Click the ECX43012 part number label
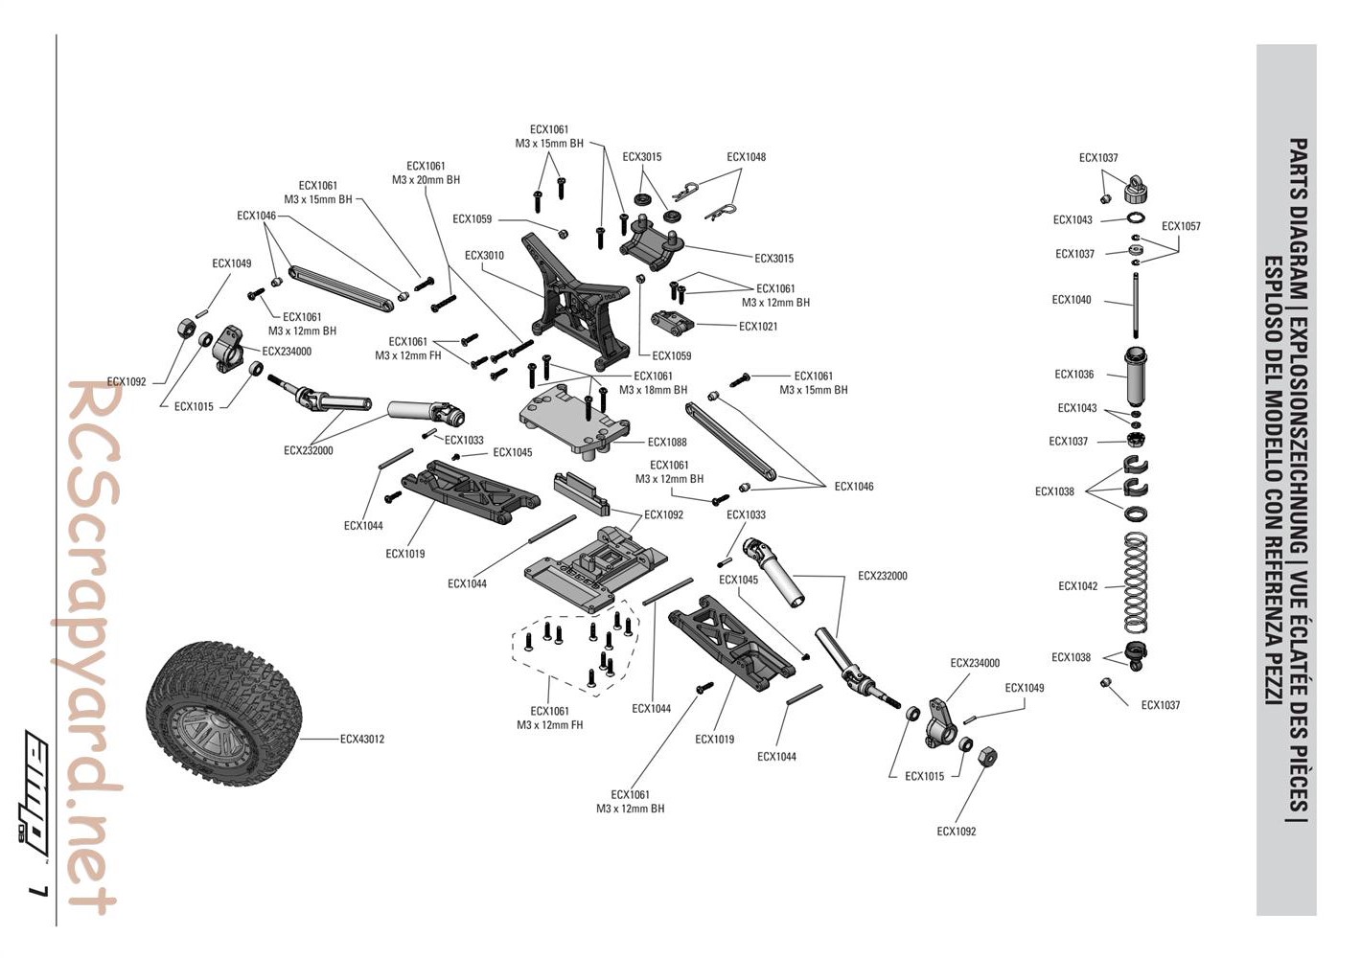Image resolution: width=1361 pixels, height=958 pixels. (x=362, y=739)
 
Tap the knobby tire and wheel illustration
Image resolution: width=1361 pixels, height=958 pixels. (x=224, y=715)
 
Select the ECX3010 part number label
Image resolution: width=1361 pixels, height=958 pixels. (x=484, y=256)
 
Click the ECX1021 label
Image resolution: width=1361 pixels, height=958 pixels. (x=758, y=327)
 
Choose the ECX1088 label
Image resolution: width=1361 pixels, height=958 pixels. (x=667, y=443)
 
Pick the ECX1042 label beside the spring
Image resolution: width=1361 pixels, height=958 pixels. (x=1077, y=586)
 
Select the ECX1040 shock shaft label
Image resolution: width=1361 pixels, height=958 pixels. (x=1071, y=300)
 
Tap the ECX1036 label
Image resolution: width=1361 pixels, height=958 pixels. (x=1073, y=375)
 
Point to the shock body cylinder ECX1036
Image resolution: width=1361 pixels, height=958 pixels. (x=1136, y=377)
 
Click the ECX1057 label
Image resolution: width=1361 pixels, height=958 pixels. (x=1181, y=227)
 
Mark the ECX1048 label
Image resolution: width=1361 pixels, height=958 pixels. (x=746, y=157)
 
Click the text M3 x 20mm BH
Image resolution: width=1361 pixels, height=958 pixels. (x=426, y=180)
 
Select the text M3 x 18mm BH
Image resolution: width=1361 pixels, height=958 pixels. (x=653, y=390)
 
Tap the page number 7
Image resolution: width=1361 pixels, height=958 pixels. (x=37, y=891)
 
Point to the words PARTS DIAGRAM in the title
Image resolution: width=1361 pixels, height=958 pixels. (x=1297, y=206)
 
